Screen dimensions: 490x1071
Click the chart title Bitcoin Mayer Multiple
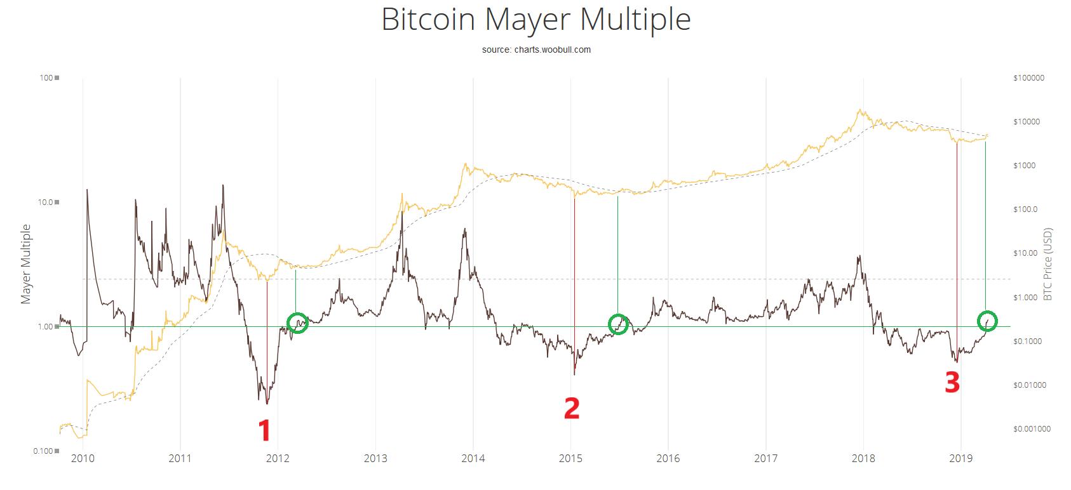pyautogui.click(x=535, y=20)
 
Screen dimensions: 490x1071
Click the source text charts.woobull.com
pyautogui.click(x=535, y=50)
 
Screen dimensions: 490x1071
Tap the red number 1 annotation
pyautogui.click(x=264, y=431)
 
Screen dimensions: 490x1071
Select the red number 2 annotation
pyautogui.click(x=572, y=409)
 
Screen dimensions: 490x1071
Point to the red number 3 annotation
pyautogui.click(x=952, y=383)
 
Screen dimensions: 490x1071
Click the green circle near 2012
pyautogui.click(x=297, y=322)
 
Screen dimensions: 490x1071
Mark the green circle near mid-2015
pyautogui.click(x=618, y=324)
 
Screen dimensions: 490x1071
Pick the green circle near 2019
pyautogui.click(x=987, y=321)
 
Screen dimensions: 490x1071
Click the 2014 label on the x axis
pyautogui.click(x=473, y=458)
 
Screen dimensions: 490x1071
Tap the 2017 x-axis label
pyautogui.click(x=766, y=458)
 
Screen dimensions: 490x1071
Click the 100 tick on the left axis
pyautogui.click(x=45, y=78)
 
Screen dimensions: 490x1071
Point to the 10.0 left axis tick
pyautogui.click(x=43, y=202)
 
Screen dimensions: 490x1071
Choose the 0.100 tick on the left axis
pyautogui.click(x=41, y=451)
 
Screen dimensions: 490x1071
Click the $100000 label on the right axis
pyautogui.click(x=1029, y=78)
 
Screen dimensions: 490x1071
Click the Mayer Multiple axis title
pyautogui.click(x=27, y=263)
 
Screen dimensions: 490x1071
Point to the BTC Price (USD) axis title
pyautogui.click(x=1047, y=263)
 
